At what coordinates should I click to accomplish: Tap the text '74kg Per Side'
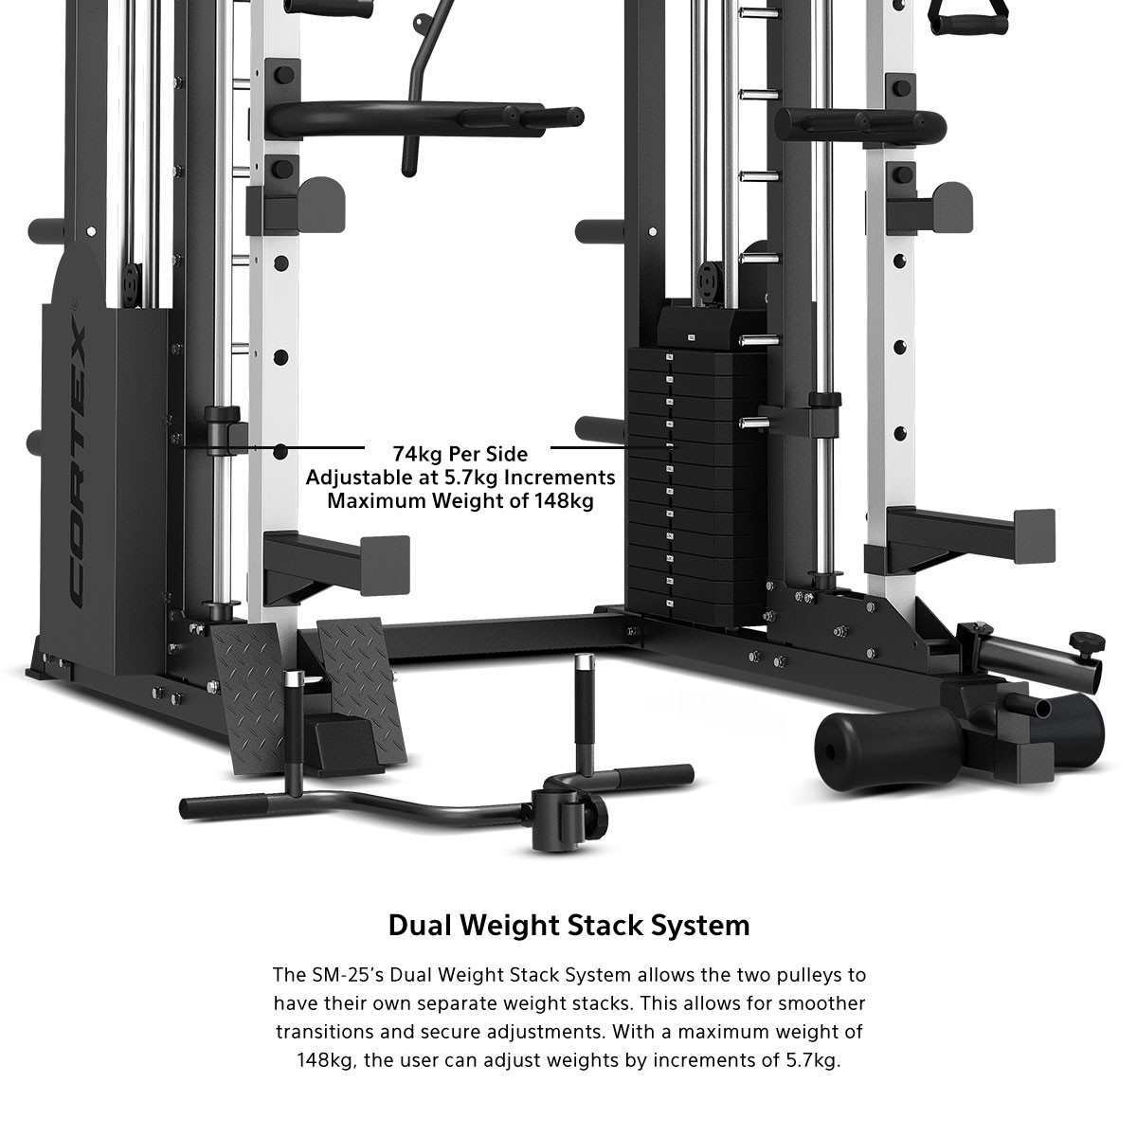tap(460, 455)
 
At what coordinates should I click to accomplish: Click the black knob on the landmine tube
tap(1085, 640)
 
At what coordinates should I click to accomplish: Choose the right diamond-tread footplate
tap(362, 687)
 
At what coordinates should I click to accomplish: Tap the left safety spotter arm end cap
tap(386, 567)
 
